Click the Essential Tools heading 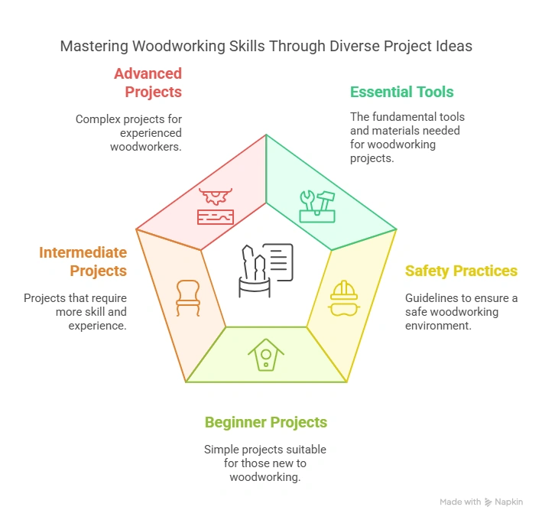[x=401, y=93]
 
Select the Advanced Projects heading [x=148, y=83]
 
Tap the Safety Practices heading [x=461, y=271]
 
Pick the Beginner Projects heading [x=265, y=422]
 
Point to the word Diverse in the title [x=355, y=47]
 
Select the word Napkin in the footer [x=509, y=502]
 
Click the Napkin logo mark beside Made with [x=488, y=502]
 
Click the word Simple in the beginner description [x=222, y=450]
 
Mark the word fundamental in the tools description [x=405, y=118]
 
